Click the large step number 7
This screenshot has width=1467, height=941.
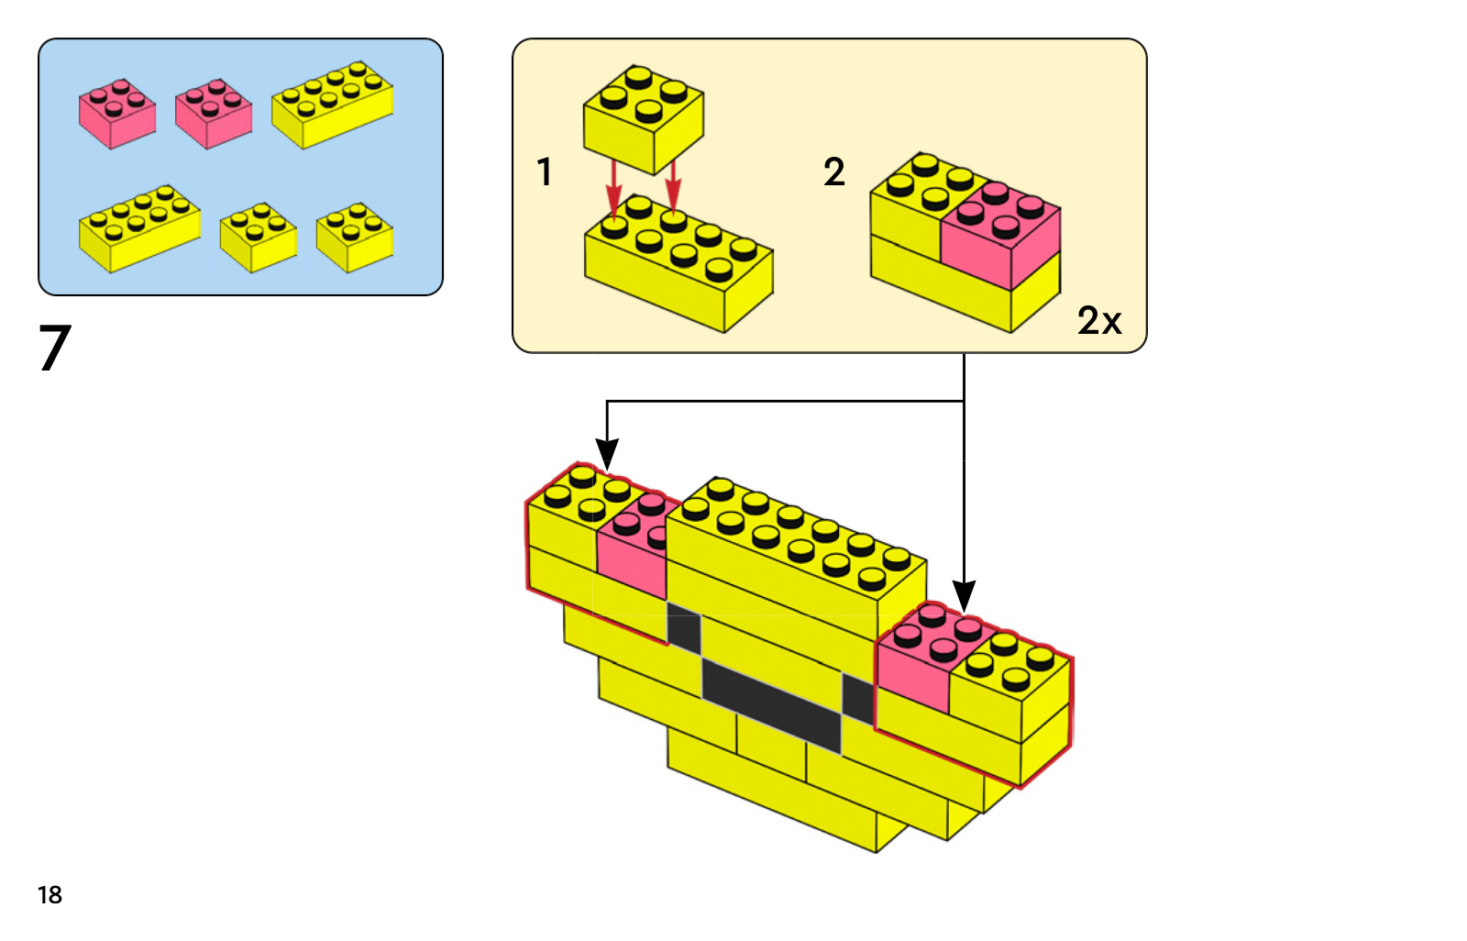click(x=54, y=348)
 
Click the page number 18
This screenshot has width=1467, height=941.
click(x=50, y=895)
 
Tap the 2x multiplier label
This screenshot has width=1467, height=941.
click(x=1099, y=321)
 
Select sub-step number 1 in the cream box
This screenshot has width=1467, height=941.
click(x=545, y=172)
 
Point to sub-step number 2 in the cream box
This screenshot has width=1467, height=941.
click(x=833, y=172)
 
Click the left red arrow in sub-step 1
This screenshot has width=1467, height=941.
click(x=613, y=188)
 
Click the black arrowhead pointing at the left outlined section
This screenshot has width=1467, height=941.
click(x=606, y=455)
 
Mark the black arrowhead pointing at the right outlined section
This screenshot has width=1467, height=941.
click(x=964, y=597)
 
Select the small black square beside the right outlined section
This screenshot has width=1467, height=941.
click(x=857, y=699)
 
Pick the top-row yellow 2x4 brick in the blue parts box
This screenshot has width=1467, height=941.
click(x=333, y=104)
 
